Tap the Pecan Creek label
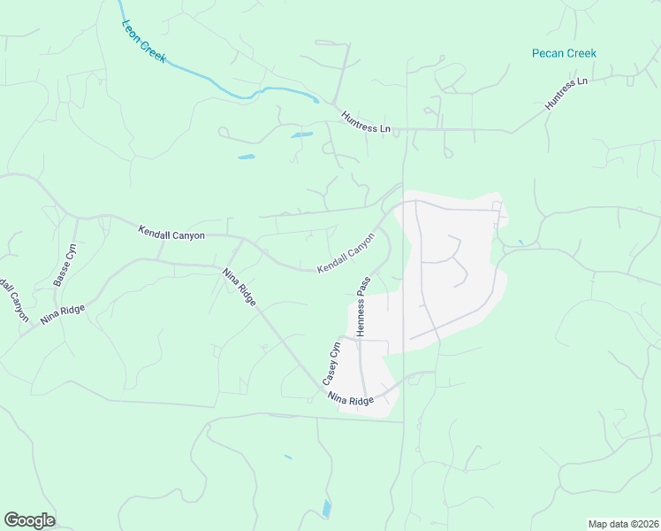point(564,53)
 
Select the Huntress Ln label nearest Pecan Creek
point(566,94)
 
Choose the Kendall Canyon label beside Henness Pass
point(348,252)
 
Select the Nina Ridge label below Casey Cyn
point(351,400)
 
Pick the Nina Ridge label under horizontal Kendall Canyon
point(239,287)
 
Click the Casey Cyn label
point(330,362)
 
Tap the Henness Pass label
point(361,305)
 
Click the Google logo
point(29,520)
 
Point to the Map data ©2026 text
point(623,524)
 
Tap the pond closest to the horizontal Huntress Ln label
point(301,135)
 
